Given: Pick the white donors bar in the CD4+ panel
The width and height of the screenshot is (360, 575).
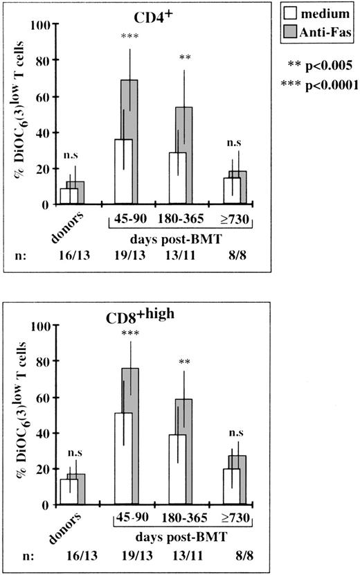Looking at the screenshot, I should coord(69,196).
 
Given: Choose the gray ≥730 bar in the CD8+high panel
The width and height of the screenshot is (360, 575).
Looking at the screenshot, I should coord(237,480).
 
